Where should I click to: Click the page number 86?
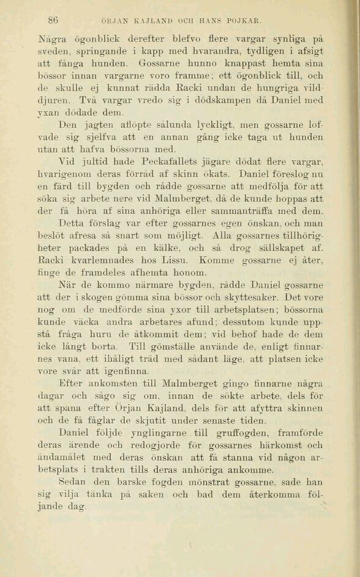point(53,20)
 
